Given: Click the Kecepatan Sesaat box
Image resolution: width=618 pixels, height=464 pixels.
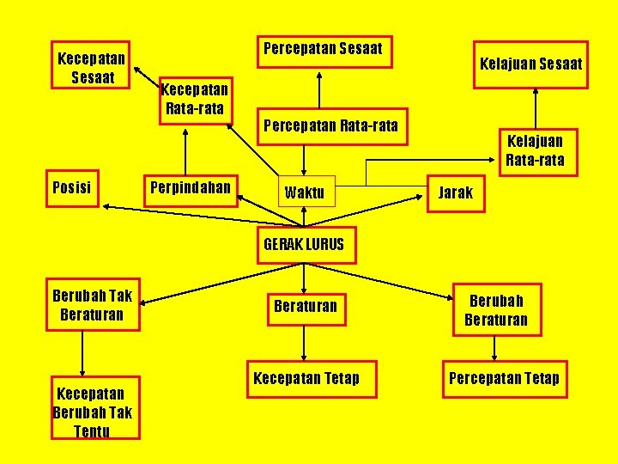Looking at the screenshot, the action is (91, 65).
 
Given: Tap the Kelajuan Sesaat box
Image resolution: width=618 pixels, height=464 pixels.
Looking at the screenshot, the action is (531, 64).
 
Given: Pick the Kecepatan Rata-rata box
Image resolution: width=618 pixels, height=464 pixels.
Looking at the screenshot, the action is (195, 100).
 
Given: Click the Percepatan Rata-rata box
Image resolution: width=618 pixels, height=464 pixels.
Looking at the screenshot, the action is (331, 126).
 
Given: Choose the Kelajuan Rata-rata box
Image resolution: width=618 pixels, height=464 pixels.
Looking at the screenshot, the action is (536, 151).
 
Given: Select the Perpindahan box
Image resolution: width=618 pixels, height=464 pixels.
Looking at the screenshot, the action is (191, 187).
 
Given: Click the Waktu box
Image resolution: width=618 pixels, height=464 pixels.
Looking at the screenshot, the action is (304, 192).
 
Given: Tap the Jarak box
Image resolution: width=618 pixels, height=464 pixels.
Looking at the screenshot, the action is (456, 192).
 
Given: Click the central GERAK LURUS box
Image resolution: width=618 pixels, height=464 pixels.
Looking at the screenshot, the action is (304, 245).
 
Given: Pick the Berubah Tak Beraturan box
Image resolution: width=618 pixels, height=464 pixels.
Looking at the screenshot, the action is (92, 305).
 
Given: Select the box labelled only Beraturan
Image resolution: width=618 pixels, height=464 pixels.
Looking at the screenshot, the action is (306, 306).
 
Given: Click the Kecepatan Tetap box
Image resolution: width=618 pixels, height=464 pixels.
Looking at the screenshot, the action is (306, 379).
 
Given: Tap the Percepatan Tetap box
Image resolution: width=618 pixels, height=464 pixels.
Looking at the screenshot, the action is (504, 379).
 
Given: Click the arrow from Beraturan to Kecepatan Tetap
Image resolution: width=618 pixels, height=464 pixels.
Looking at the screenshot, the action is (304, 343).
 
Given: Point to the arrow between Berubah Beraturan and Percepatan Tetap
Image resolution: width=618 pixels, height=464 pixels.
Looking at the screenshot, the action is (494, 347).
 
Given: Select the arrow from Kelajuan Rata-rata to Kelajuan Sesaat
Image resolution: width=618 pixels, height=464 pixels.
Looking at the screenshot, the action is (536, 108).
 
